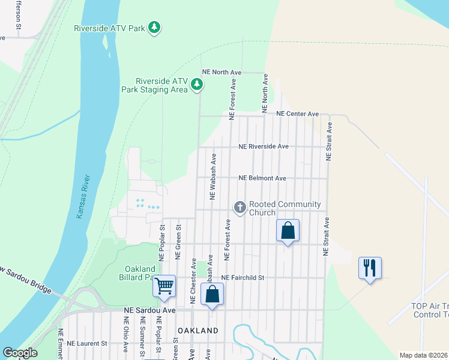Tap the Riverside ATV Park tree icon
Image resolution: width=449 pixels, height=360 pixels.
click(x=155, y=28)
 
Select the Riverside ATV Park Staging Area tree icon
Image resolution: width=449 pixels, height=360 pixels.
click(x=196, y=86)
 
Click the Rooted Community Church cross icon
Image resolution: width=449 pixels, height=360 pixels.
click(x=240, y=208)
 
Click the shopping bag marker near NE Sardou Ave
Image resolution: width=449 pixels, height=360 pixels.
click(x=212, y=295)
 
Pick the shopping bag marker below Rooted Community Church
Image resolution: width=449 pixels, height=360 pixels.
click(x=288, y=230)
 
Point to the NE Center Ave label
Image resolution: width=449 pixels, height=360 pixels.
click(x=297, y=113)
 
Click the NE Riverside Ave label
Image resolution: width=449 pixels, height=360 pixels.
click(x=264, y=146)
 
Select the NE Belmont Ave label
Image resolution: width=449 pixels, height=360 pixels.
click(x=262, y=178)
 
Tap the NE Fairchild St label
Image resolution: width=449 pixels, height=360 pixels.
click(x=243, y=278)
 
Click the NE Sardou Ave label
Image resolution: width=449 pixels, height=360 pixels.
click(x=149, y=310)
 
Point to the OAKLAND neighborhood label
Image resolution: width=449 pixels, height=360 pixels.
click(x=197, y=331)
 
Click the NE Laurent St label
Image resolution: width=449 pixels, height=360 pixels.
click(x=86, y=344)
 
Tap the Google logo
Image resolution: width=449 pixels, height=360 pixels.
click(x=20, y=353)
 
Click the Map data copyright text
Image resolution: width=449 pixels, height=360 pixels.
click(x=423, y=355)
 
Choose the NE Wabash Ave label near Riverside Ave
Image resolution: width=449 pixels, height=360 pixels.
click(x=212, y=176)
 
